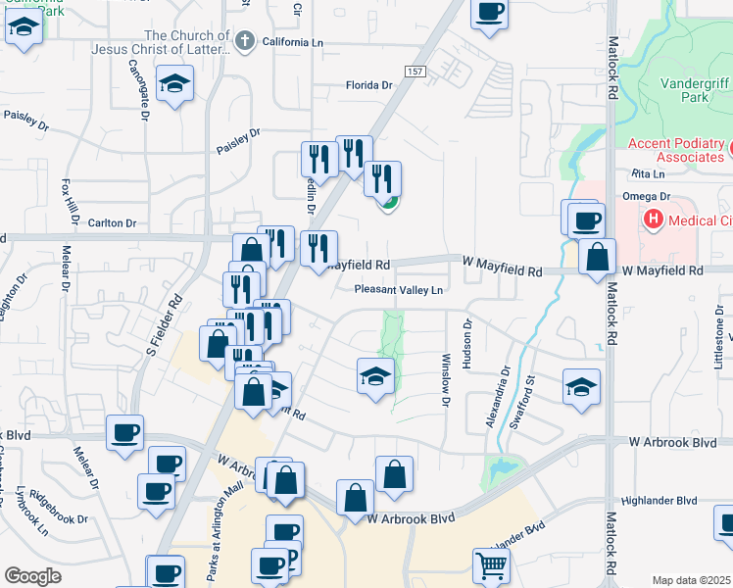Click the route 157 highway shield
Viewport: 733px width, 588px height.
point(415,73)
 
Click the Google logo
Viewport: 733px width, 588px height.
point(32,576)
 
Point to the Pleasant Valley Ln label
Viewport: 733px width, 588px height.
point(399,290)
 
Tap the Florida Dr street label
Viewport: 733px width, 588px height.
point(369,85)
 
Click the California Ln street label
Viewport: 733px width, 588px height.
point(290,43)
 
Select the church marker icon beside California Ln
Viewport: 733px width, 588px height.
point(246,41)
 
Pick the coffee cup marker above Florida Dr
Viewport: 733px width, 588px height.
point(489,13)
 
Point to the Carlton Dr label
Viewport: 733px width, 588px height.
point(111,223)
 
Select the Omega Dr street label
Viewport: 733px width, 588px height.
point(645,196)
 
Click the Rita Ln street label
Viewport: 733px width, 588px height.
point(648,173)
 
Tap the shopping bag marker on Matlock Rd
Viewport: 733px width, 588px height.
point(597,259)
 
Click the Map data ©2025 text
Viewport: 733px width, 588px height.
point(690,580)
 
